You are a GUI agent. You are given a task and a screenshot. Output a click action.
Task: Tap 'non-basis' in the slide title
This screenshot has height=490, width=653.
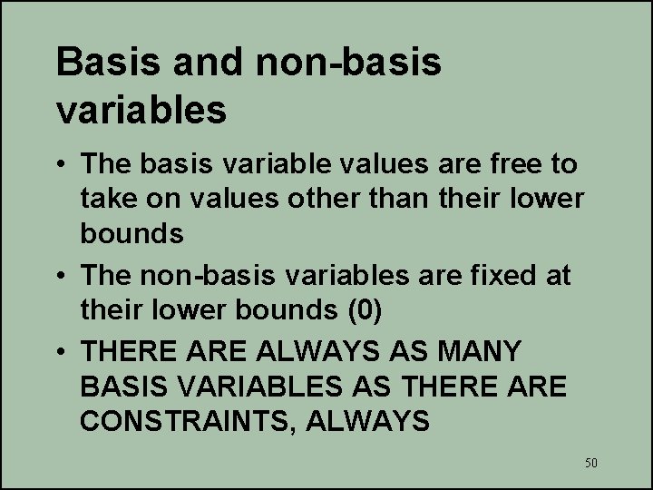tap(351, 63)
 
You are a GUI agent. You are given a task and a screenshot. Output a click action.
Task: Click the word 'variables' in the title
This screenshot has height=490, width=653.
tap(141, 110)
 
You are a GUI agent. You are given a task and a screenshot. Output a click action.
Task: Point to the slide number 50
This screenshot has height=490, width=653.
tap(591, 464)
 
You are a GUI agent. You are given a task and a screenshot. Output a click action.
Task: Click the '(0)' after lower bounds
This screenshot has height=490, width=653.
tap(365, 309)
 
